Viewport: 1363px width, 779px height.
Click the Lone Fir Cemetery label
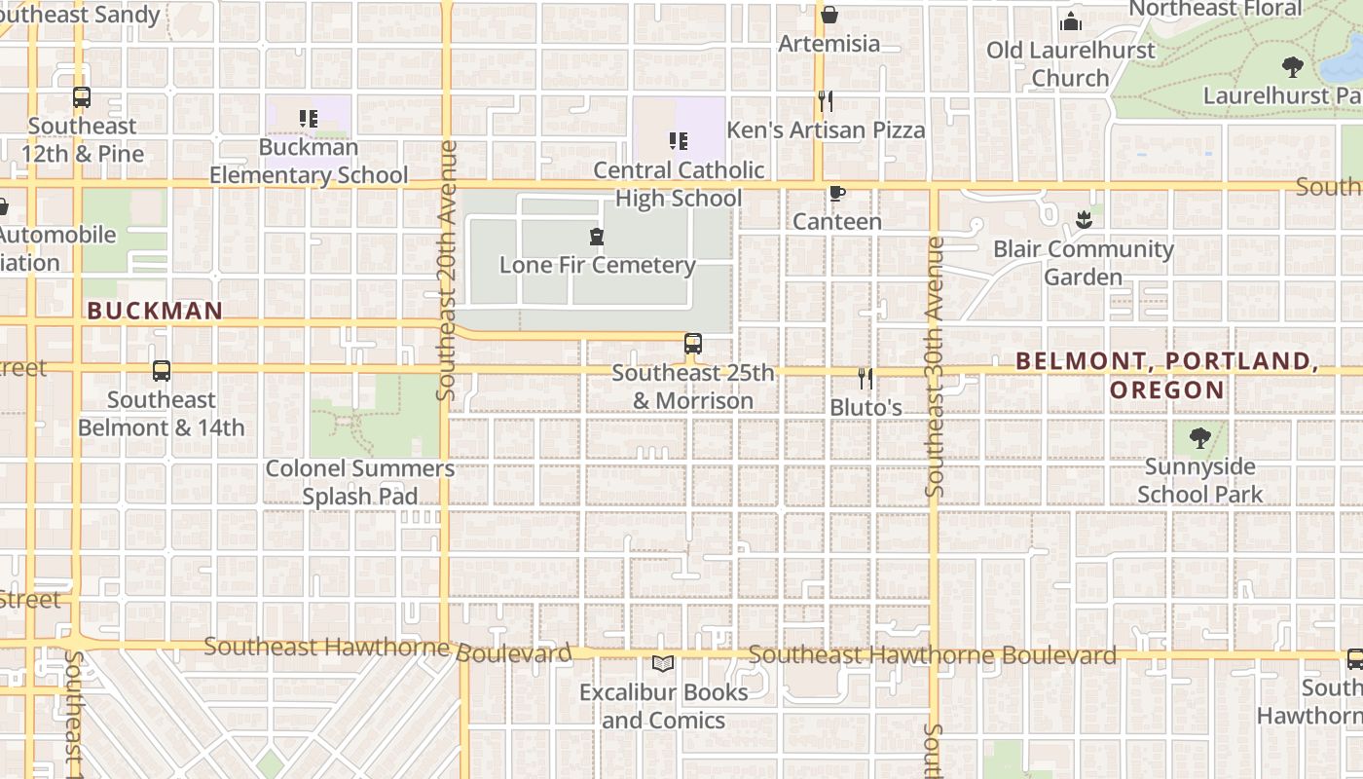[x=597, y=265]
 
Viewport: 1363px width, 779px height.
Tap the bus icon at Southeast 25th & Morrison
[x=693, y=343]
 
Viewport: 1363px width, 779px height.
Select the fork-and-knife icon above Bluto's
[x=865, y=378]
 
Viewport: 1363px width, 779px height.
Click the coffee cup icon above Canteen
[x=836, y=193]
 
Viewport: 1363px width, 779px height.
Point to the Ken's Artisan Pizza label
[x=826, y=130]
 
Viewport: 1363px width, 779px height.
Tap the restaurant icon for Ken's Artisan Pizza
[x=825, y=100]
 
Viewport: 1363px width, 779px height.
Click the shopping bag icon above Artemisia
[x=829, y=15]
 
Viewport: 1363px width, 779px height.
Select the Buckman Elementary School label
[x=309, y=162]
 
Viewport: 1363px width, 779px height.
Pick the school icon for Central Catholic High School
[x=679, y=141]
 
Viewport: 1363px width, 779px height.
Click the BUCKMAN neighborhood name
[x=155, y=312]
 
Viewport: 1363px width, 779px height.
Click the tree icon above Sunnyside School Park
[x=1199, y=438]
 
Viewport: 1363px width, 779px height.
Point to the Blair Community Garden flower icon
[x=1084, y=220]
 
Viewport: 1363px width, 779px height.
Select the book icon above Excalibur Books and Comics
[x=663, y=664]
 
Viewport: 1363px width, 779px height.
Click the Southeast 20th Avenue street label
[x=447, y=271]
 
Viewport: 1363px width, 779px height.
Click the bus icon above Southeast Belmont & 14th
[x=162, y=371]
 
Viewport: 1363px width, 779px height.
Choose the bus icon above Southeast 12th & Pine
[x=82, y=97]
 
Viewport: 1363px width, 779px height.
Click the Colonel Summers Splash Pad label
[x=360, y=482]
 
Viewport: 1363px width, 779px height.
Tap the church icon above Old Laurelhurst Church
[x=1071, y=21]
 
